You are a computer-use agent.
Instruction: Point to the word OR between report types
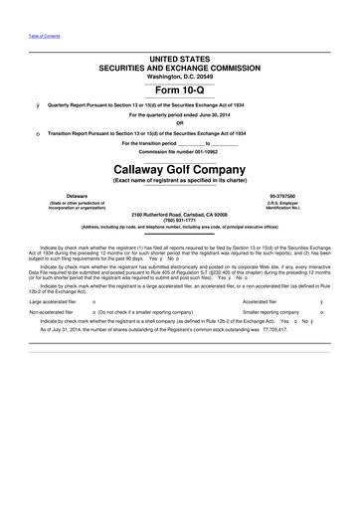coord(179,123)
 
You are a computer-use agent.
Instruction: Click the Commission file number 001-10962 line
coord(179,152)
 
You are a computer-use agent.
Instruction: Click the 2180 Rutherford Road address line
coord(179,214)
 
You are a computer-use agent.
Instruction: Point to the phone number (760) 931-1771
coord(179,220)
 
